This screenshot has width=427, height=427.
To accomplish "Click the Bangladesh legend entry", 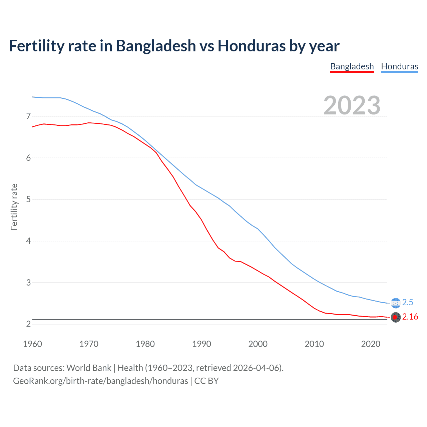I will pos(352,66).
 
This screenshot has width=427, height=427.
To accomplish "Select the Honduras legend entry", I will pos(399,66).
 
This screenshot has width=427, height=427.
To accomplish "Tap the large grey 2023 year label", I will pos(352,105).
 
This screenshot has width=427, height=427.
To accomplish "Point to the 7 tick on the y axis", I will pos(28,116).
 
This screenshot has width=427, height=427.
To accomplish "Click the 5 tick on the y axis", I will pos(28,199).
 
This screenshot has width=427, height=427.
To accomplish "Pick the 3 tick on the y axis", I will pos(28,283).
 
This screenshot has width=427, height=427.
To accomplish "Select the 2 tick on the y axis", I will pos(28,324).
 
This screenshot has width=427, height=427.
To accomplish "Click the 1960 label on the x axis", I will pos(32,344).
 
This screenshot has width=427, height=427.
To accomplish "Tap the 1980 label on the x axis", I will pos(145,344).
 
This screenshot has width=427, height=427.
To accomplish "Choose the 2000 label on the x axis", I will pos(258,344).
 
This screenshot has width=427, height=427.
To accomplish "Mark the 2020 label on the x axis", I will pos(371,344).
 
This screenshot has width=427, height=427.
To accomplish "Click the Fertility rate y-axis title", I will pos(14,207).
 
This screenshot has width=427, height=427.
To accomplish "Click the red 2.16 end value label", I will pos(410,317).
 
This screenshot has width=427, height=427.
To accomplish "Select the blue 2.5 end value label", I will pos(408,302).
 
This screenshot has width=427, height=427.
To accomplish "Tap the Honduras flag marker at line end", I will pos(396,303).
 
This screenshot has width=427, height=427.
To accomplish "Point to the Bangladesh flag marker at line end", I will pos(396,317).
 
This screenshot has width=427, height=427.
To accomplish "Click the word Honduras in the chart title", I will pos(252,46).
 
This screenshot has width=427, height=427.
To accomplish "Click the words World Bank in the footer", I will pos(89,368).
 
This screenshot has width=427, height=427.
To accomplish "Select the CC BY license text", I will pos(206,381).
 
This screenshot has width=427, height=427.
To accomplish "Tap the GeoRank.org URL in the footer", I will pos(100,381).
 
